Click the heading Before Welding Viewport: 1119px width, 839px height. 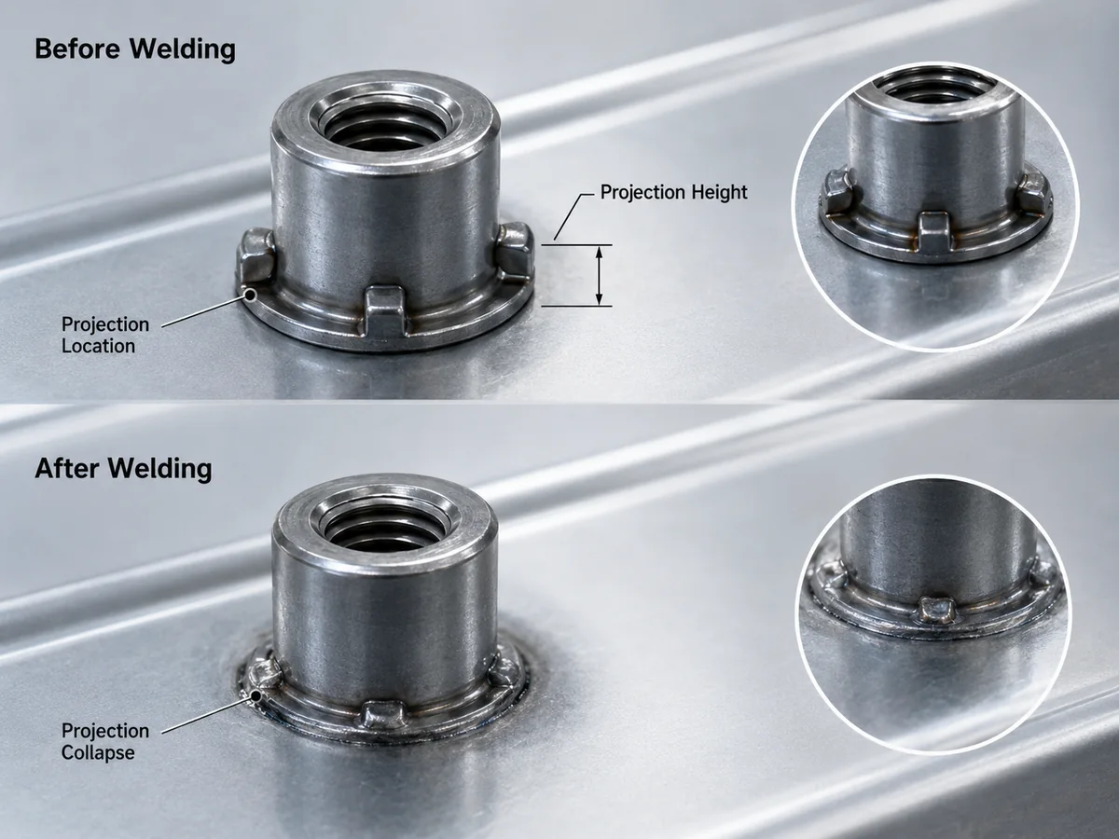click(135, 49)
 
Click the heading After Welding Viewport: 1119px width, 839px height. click(123, 469)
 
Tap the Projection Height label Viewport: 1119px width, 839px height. click(673, 192)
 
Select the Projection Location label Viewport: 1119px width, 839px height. click(105, 335)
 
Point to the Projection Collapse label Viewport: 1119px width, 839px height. click(105, 742)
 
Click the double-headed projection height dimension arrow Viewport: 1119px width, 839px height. click(600, 276)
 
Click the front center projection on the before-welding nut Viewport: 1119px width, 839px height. click(385, 311)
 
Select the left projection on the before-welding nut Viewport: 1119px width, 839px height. click(256, 256)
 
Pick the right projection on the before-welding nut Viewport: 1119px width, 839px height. click(515, 252)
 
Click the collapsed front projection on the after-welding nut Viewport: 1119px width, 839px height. click(385, 714)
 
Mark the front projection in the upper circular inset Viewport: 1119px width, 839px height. click(934, 232)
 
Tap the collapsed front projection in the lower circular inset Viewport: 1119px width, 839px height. click(937, 610)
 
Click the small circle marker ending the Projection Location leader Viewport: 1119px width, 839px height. click(250, 295)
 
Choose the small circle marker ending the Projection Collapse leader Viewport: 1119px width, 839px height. click(256, 695)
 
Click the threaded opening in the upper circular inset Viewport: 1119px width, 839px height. click(937, 90)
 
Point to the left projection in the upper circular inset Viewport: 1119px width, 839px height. click(837, 190)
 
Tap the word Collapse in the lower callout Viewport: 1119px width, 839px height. click(98, 752)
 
